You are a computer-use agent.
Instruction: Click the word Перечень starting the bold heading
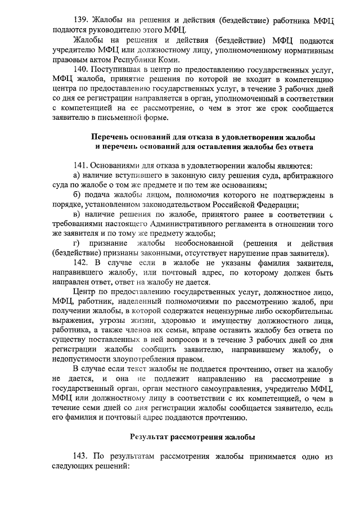pos(111,137)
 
